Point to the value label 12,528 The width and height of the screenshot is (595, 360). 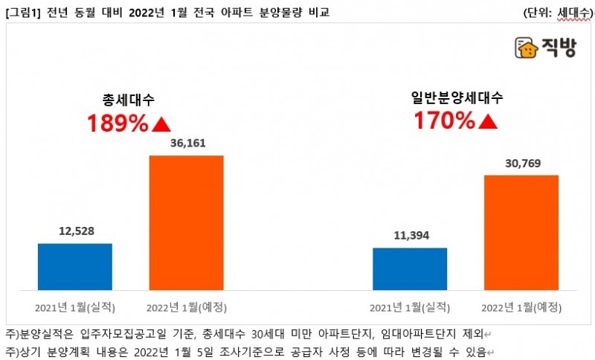point(74,231)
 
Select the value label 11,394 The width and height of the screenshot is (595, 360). point(410,236)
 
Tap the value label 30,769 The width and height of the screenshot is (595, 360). point(521,162)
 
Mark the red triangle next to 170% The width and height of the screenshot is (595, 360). point(487,119)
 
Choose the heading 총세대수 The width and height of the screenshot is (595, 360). point(129,100)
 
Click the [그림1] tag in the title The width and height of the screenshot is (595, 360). point(21,13)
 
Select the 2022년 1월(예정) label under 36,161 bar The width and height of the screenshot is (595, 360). point(186,306)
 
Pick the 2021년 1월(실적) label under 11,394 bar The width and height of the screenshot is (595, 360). point(410,306)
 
